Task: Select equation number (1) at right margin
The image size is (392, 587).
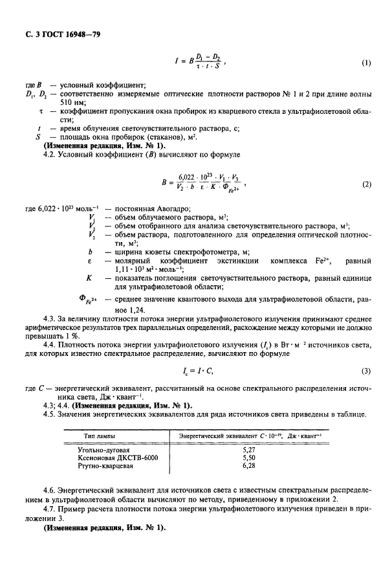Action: (x=366, y=63)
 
